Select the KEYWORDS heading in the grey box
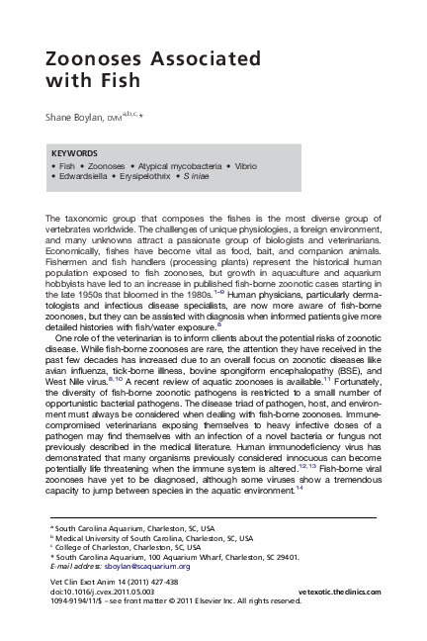[x=74, y=154]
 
